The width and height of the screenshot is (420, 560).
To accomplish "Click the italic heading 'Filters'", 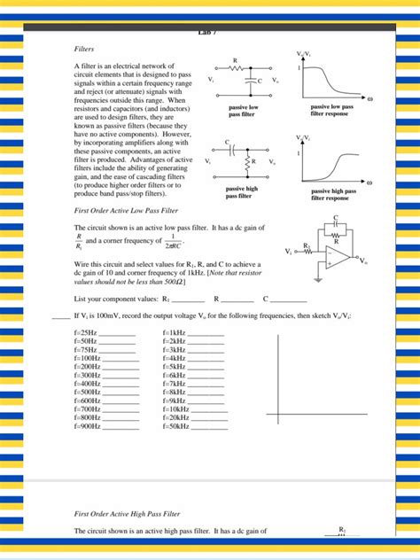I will click(84, 50).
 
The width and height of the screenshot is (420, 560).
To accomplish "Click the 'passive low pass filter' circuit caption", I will click(241, 111).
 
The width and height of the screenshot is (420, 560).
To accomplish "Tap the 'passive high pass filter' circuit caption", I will click(239, 191).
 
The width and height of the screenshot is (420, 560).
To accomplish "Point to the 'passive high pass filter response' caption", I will click(334, 194).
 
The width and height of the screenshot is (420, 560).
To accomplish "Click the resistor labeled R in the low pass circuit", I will click(235, 68).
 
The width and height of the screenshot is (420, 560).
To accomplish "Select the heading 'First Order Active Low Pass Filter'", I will click(128, 211).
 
